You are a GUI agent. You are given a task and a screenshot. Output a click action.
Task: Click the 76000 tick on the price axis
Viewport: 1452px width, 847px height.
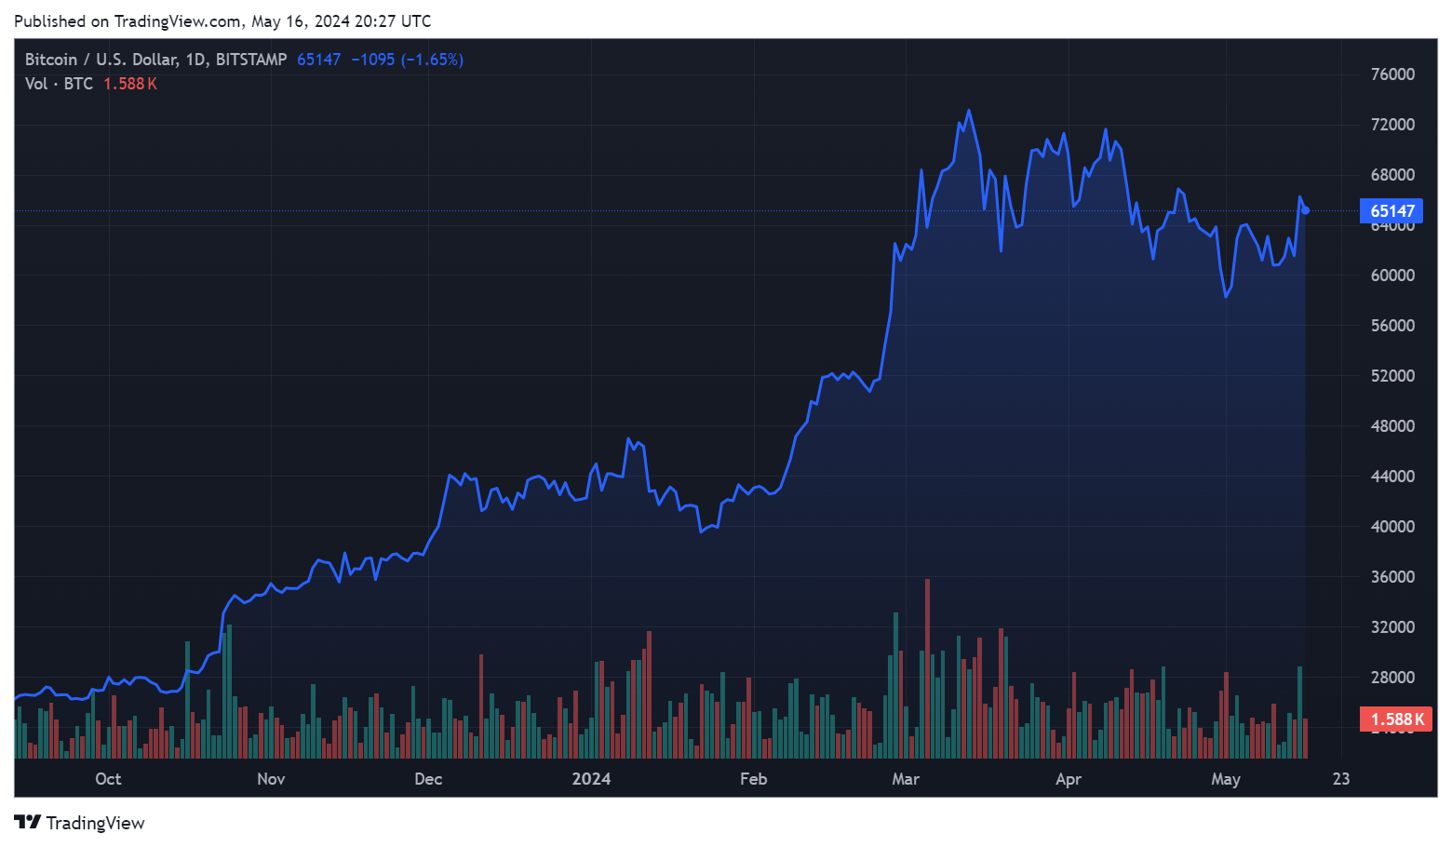point(1392,74)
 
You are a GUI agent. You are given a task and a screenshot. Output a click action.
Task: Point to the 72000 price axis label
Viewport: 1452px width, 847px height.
point(1392,125)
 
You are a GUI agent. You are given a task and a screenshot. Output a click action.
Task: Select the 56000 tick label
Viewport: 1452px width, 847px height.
point(1392,326)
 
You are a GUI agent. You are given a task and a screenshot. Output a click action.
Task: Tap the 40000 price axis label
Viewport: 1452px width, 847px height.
point(1392,527)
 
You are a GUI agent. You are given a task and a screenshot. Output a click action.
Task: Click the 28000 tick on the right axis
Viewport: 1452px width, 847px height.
point(1392,678)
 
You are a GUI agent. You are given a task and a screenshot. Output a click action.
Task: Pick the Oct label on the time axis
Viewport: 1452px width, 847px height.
point(108,779)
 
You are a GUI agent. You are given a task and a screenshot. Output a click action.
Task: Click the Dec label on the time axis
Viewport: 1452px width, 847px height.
point(428,779)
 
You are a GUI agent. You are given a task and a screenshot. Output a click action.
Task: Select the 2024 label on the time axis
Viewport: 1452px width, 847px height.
point(591,779)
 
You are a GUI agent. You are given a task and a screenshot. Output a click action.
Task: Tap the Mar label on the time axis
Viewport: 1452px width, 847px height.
point(906,779)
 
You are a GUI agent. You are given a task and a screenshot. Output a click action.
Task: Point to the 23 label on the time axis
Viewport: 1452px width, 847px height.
point(1340,779)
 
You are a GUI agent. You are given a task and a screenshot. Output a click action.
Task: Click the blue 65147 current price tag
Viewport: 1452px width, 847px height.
point(1391,211)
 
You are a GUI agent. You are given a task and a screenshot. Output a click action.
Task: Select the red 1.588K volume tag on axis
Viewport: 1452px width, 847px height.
point(1396,719)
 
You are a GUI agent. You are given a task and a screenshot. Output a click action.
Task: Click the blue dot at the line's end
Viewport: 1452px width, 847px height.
point(1306,210)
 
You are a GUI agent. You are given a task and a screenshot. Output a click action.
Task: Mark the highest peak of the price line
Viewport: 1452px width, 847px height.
point(969,112)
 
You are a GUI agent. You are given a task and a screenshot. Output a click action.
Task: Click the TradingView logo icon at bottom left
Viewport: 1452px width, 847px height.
point(28,822)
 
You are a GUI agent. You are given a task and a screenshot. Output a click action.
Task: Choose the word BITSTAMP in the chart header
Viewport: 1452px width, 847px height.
point(251,60)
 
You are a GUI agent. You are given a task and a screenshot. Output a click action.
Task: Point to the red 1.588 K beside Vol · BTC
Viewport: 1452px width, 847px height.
point(129,84)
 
